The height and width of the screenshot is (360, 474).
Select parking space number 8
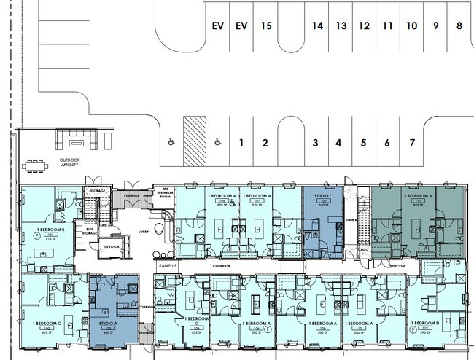(459, 26)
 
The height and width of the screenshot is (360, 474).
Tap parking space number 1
(241, 143)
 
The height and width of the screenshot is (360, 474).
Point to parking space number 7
(412, 143)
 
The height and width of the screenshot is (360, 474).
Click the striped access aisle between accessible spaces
(194, 140)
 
